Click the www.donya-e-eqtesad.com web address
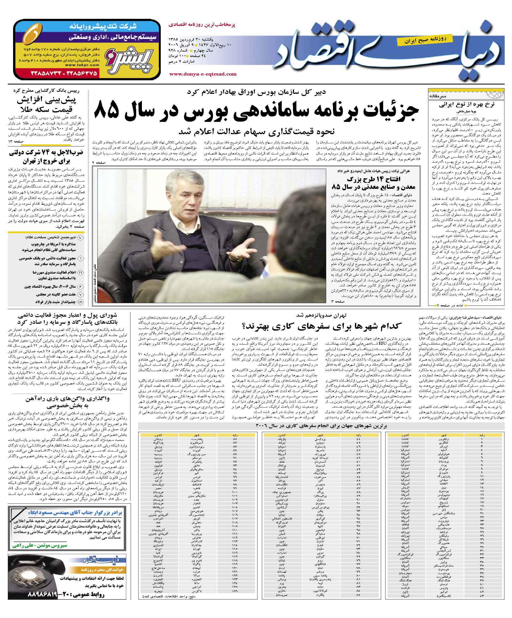click(203, 74)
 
